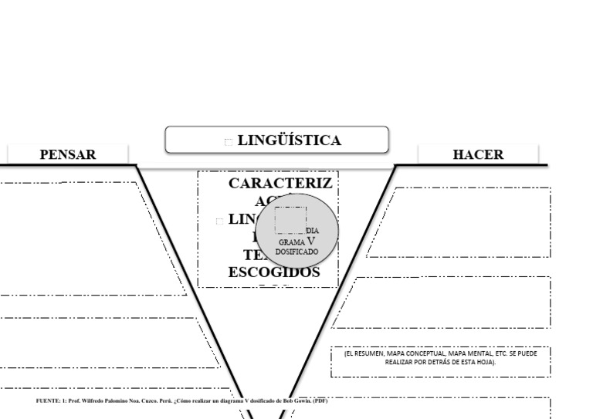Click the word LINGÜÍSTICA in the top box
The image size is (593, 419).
tap(289, 140)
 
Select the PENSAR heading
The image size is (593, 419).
tap(68, 154)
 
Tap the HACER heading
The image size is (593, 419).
tap(478, 154)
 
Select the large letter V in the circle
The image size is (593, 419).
tap(310, 240)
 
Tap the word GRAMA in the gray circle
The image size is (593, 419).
tap(292, 242)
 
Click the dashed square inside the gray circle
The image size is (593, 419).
tap(290, 220)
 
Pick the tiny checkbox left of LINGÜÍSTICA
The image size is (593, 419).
tap(228, 141)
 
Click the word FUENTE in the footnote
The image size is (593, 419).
tap(49, 401)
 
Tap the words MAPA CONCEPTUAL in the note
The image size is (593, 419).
tap(422, 353)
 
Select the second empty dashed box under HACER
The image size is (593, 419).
tap(452, 302)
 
